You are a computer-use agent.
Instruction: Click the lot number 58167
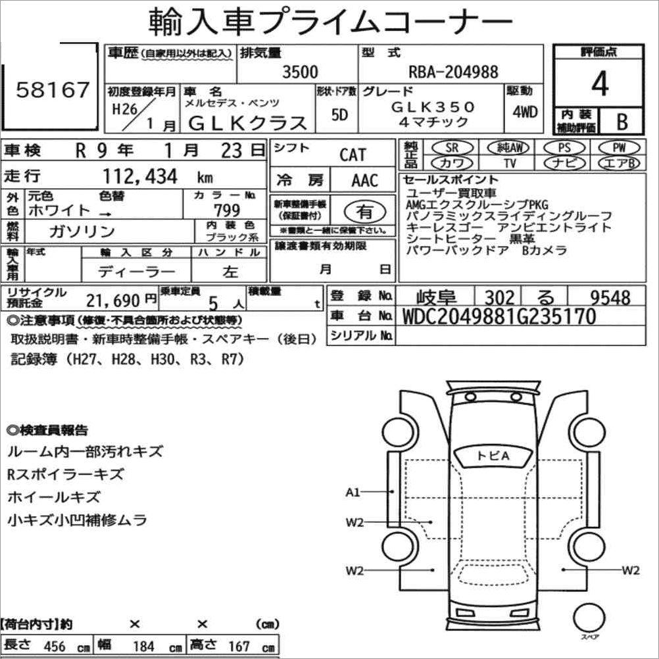pos(53,89)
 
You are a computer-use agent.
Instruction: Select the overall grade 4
pos(600,84)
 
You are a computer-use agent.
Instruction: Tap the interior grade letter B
pos(622,122)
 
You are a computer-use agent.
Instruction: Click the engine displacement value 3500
pos(300,72)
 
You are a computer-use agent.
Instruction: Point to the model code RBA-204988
pos(454,72)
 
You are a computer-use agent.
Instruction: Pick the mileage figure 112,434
pos(140,176)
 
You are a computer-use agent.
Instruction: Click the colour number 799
pos(227,210)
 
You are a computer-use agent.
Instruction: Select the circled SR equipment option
pos(452,147)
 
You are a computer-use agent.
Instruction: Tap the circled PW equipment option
pos(619,147)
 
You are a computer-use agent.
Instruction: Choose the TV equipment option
pos(510,162)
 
